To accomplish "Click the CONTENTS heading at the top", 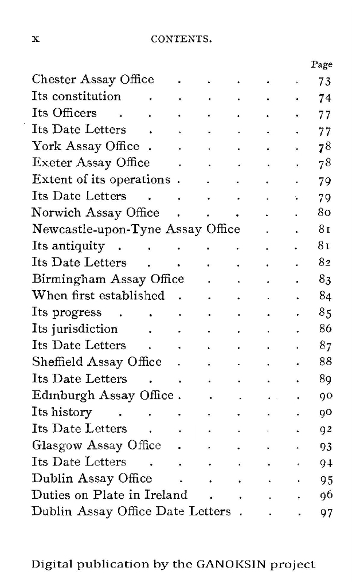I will (x=181, y=40).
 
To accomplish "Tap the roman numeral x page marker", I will (x=35, y=39).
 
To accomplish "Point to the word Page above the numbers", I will (x=322, y=65).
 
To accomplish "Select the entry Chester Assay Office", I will (x=93, y=80).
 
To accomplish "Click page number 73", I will (x=324, y=81).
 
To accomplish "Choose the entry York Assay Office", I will (x=85, y=146).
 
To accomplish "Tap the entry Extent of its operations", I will (x=101, y=179).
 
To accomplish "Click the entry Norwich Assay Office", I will (x=95, y=213).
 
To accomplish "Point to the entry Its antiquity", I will (x=68, y=246).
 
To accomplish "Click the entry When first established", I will (x=98, y=296).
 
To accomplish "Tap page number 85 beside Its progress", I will (x=325, y=314).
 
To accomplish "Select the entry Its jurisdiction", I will (x=75, y=329).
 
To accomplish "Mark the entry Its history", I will (x=62, y=412).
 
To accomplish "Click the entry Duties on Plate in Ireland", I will (x=109, y=495).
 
